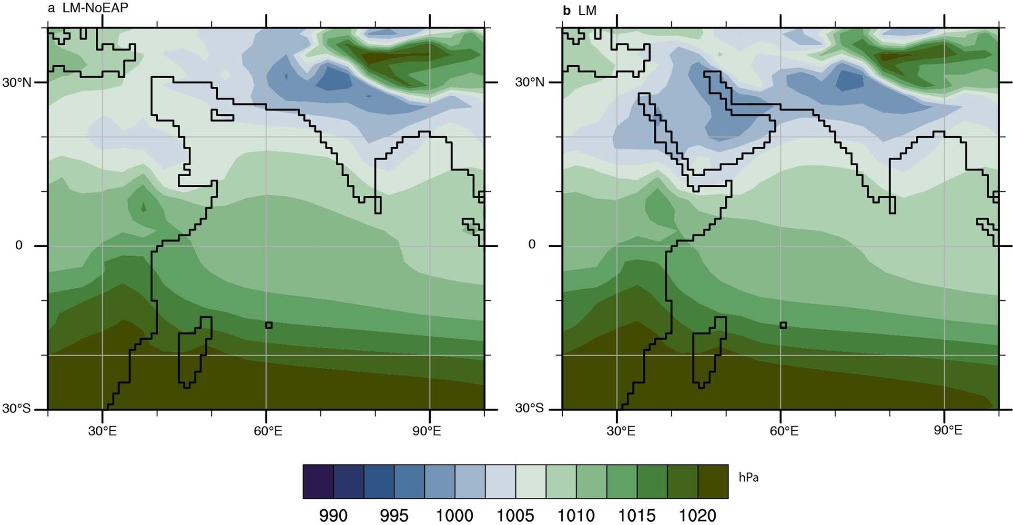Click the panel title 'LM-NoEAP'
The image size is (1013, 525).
pos(95,8)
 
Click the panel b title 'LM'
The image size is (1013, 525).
pos(587,10)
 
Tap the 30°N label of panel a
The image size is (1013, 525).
pos(17,82)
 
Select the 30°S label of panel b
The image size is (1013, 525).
pos(529,408)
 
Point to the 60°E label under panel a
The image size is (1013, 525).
pos(268,432)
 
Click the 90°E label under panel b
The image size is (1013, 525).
pos(948,431)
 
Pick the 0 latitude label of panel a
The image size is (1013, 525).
pos(19,245)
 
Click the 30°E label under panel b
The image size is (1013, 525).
pos(620,432)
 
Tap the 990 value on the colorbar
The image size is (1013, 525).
pos(333,515)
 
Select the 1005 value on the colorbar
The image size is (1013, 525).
pos(516,515)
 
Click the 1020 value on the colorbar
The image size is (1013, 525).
pos(698,515)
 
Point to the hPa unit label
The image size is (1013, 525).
pos(749,477)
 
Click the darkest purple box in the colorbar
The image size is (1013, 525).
pos(318,482)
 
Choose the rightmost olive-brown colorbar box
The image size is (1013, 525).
pos(713,482)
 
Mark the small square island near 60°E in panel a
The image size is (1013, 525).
pos(269,325)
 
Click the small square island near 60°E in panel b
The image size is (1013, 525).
pos(783,325)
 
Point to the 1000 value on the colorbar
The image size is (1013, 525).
pos(455,515)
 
